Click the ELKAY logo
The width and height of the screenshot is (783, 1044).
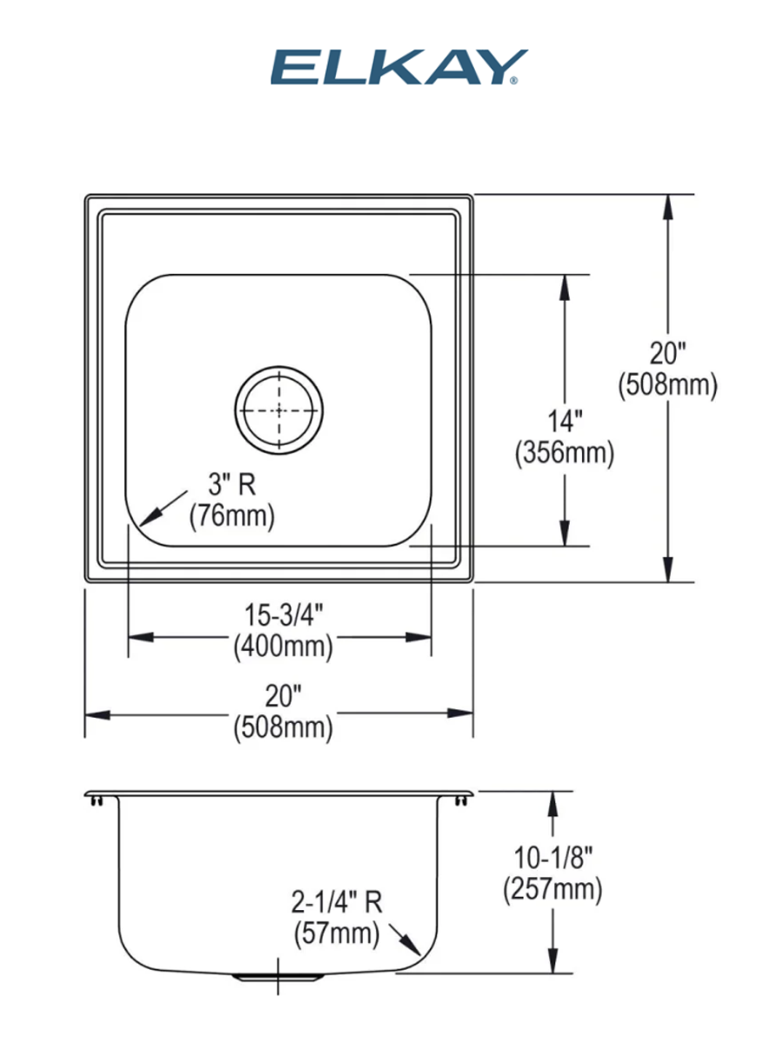398,67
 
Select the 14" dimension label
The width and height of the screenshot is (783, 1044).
565,421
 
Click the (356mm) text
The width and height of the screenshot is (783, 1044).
565,452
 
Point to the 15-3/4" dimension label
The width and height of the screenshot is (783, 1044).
284,614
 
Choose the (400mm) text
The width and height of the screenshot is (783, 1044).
284,646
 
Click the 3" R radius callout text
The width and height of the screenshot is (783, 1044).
232,485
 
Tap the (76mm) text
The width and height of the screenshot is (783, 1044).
232,516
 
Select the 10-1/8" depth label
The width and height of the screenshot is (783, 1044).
553,858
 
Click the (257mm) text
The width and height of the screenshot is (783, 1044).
553,888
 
